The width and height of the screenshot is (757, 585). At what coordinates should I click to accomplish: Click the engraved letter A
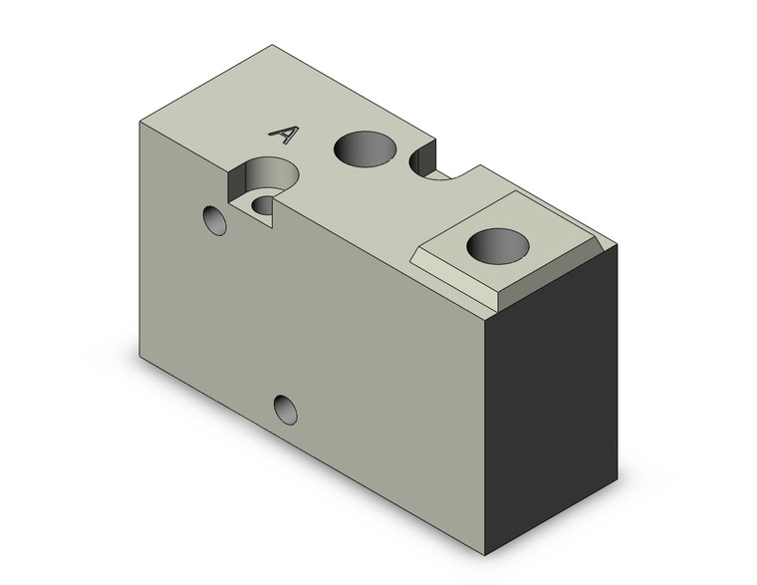click(285, 135)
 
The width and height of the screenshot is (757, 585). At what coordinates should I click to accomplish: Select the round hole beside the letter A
click(364, 148)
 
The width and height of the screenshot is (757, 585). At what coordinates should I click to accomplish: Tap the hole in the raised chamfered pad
click(497, 243)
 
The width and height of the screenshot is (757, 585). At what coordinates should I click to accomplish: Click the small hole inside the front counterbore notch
click(264, 204)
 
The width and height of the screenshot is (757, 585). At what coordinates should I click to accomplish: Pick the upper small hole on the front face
click(215, 219)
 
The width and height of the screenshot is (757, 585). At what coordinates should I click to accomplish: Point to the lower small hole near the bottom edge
click(286, 409)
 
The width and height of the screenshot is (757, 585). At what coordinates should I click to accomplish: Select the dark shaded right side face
click(553, 399)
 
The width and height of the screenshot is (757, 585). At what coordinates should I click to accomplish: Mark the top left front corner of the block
click(140, 121)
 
